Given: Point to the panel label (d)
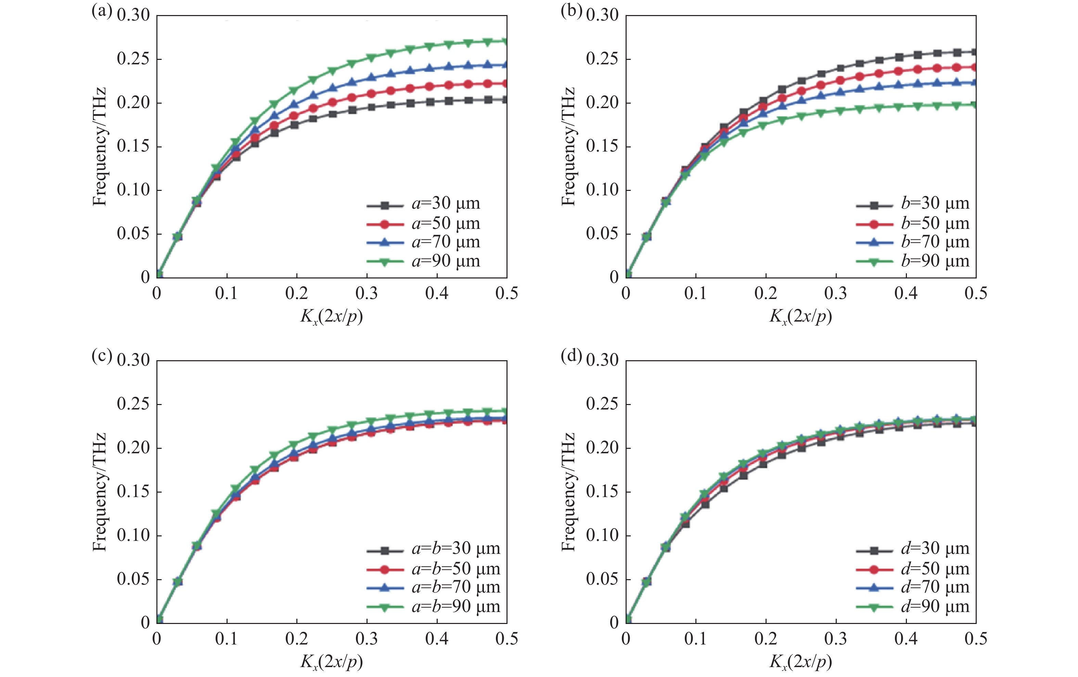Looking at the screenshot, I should click(571, 356).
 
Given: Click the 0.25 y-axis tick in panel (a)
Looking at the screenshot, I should click(133, 58).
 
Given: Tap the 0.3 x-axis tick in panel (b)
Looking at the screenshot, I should click(836, 294).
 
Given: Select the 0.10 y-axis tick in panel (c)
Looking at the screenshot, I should click(133, 535).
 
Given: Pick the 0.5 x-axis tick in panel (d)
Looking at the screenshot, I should click(976, 639).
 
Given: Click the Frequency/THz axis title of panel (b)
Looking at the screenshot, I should click(568, 147).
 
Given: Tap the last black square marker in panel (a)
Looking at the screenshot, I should click(506, 100).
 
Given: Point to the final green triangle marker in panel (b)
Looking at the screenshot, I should click(975, 105).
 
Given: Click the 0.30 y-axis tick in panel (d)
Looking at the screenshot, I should click(602, 360).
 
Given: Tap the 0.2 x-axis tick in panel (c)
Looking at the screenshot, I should click(297, 639).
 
